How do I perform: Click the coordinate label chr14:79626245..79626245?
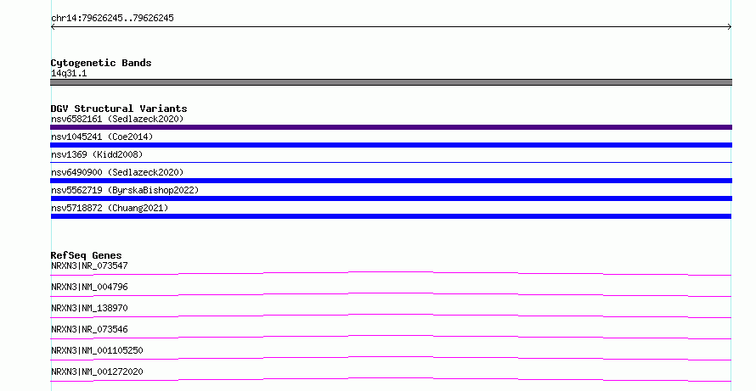tap(112, 19)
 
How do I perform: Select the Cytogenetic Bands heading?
tap(101, 63)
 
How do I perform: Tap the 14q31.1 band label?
tap(69, 73)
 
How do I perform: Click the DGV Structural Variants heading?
tap(119, 109)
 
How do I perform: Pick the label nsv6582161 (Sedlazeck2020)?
tap(117, 119)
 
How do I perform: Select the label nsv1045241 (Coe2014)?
tap(102, 137)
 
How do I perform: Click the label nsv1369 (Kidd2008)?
tap(97, 154)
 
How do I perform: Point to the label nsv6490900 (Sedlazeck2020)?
tap(117, 172)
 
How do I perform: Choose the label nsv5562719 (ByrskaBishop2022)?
tap(125, 190)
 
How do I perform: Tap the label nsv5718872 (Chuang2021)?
tap(110, 208)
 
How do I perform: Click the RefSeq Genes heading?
tap(86, 255)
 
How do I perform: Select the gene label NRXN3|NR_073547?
tap(89, 265)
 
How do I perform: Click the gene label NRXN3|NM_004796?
tap(89, 287)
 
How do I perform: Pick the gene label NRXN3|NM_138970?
tap(89, 308)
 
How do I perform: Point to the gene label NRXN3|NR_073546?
tap(89, 329)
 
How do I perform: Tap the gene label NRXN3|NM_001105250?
tap(97, 350)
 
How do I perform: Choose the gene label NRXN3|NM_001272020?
tap(97, 371)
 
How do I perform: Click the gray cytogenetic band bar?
tap(391, 82)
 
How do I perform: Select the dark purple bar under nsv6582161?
tap(391, 127)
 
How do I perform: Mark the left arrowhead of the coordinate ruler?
tap(52, 27)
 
